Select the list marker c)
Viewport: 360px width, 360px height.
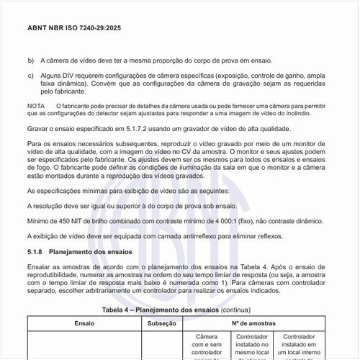tap(30, 76)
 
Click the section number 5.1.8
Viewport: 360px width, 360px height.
tap(36, 253)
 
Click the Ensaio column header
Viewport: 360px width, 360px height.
tap(84, 324)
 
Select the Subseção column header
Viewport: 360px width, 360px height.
tap(162, 324)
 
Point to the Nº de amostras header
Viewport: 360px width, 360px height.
tap(260, 324)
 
